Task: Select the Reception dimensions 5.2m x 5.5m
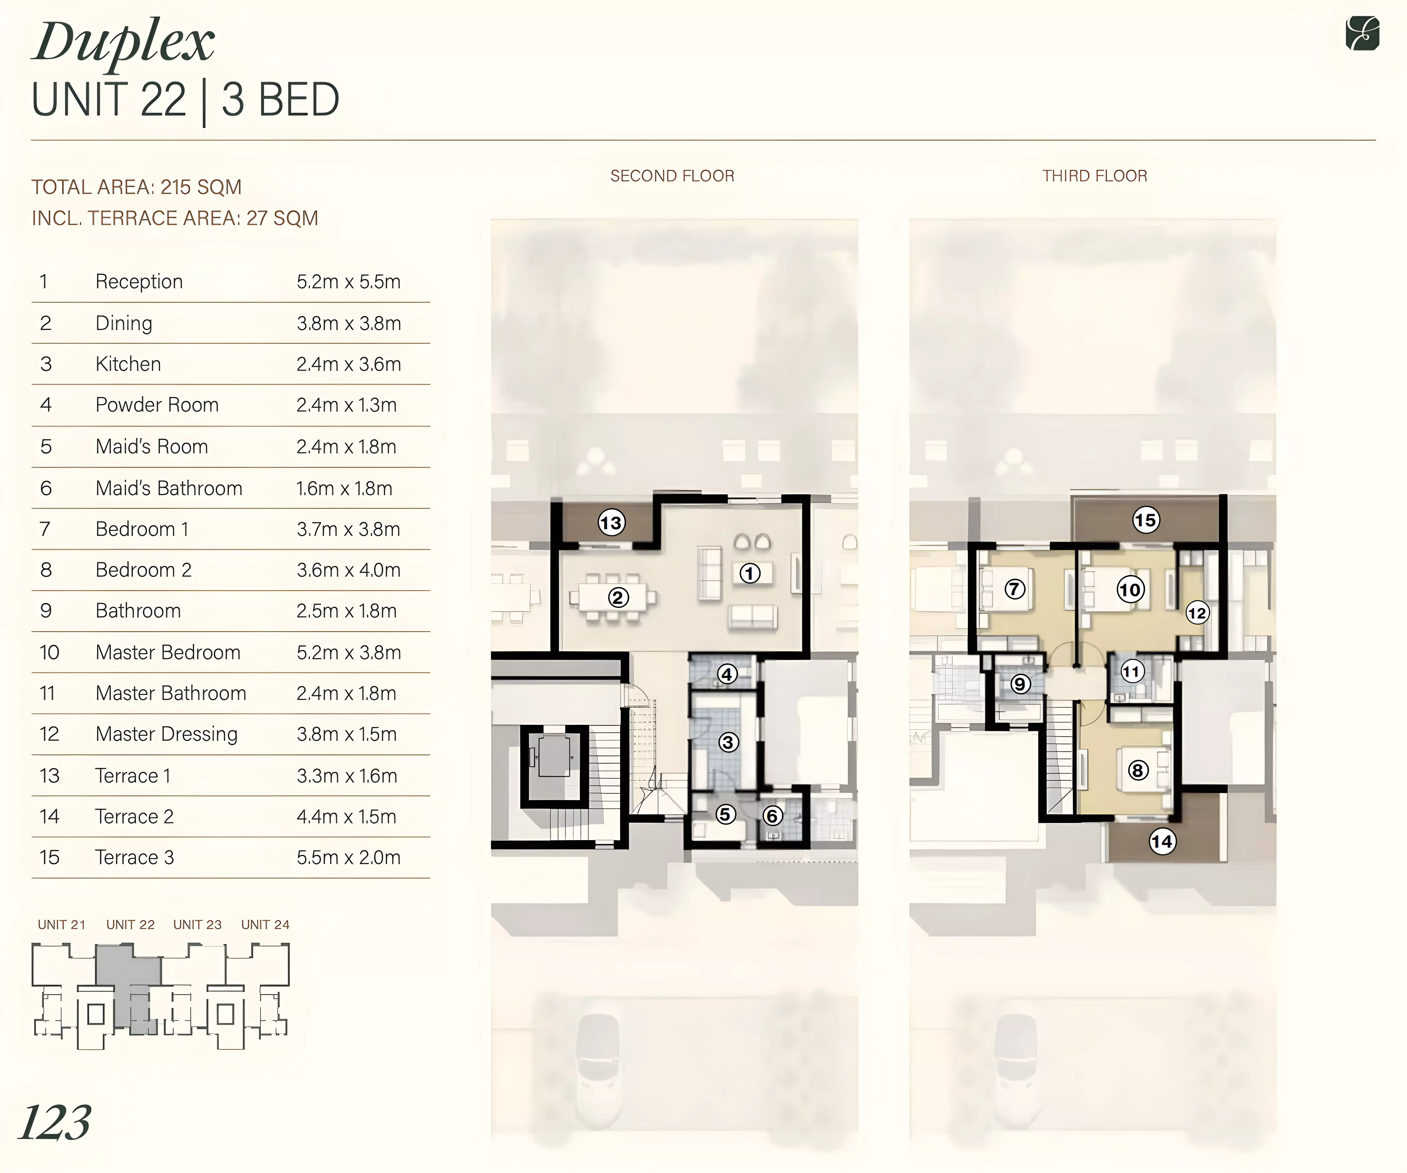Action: pyautogui.click(x=348, y=282)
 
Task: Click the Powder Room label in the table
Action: pyautogui.click(x=157, y=405)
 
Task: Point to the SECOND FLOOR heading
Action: pyautogui.click(x=672, y=176)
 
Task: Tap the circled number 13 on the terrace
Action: pyautogui.click(x=611, y=522)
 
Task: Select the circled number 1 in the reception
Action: pyautogui.click(x=750, y=573)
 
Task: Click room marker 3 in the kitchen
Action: pyautogui.click(x=728, y=742)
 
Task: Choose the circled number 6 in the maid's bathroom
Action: pyautogui.click(x=772, y=816)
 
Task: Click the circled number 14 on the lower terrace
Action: pyautogui.click(x=1162, y=841)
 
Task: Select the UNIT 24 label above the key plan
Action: pyautogui.click(x=265, y=925)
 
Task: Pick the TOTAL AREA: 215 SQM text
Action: pyautogui.click(x=137, y=187)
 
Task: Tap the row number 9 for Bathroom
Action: pyautogui.click(x=46, y=611)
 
